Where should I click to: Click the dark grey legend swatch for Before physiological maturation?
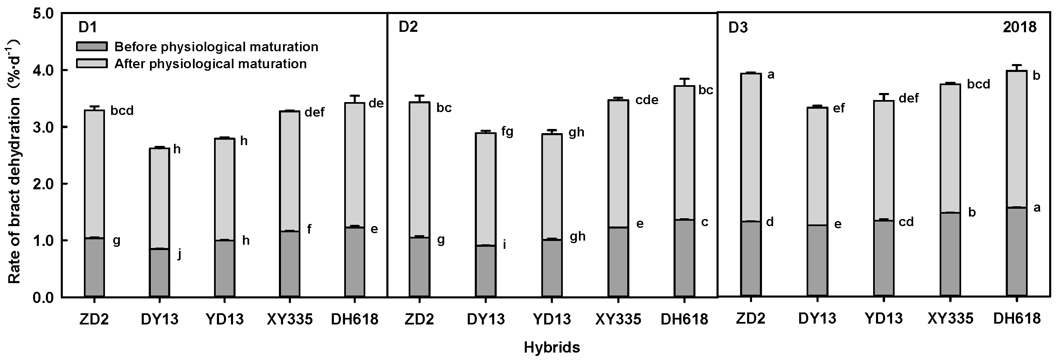coord(91,47)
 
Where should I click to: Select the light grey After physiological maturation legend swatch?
coord(91,63)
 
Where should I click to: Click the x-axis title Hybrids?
coord(552,348)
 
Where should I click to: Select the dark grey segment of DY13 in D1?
coord(159,273)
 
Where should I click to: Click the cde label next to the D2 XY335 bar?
coord(647,100)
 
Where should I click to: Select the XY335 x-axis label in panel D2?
coord(618,319)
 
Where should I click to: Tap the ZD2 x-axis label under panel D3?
coord(750,318)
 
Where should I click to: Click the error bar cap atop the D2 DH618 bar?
coord(684,79)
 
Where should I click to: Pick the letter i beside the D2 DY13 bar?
coord(505,245)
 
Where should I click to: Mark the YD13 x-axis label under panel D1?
coord(225,319)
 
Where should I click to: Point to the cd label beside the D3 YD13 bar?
coord(907,222)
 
